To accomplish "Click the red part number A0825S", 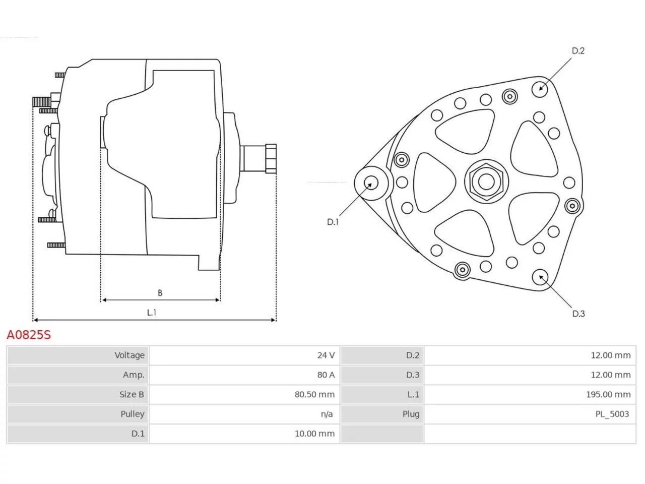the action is [29, 335].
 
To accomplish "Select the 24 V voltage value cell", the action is [326, 355].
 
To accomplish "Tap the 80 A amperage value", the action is [326, 375].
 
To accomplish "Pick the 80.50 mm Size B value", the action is [314, 394].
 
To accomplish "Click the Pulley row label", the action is [132, 414].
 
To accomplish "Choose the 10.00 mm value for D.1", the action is [314, 434].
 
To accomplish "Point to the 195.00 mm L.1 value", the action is [608, 394].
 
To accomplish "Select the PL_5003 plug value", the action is [612, 414].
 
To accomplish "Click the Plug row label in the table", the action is [411, 414].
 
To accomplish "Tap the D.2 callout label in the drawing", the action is [578, 51].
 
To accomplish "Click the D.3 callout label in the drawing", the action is [578, 314].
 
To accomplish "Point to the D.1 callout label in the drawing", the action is [333, 222].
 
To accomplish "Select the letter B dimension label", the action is [160, 293].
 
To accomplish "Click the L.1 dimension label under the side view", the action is [152, 313].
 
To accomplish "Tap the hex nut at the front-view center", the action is [486, 181].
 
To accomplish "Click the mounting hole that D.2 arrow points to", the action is [540, 89].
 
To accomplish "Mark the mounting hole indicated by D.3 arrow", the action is [540, 277].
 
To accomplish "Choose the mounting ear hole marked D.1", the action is [371, 183].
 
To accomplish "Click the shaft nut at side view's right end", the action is [271, 159].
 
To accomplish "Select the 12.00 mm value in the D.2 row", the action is [611, 355].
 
